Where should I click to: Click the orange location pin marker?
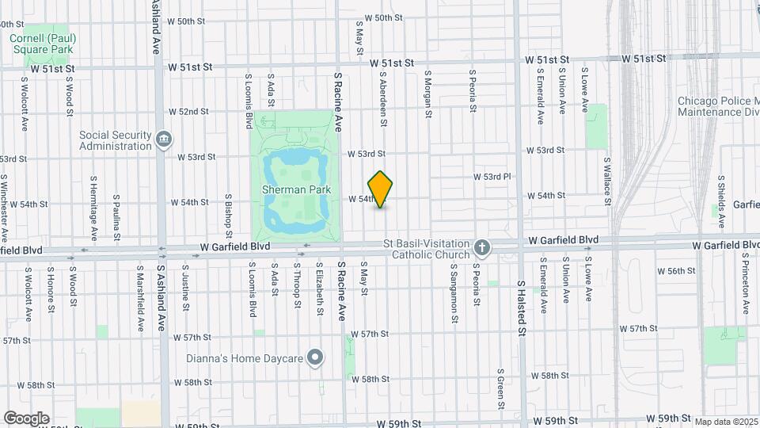pos(381,189)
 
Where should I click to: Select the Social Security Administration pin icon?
pos(164,139)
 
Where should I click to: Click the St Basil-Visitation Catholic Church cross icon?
pos(481,249)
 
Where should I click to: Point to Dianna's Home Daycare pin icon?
pos(315,358)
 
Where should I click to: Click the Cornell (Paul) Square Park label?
pos(42,44)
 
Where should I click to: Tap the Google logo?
pos(26,418)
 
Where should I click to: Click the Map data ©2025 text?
pos(725,422)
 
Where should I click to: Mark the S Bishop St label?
pos(228,216)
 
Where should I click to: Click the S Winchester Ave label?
pos(6,208)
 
